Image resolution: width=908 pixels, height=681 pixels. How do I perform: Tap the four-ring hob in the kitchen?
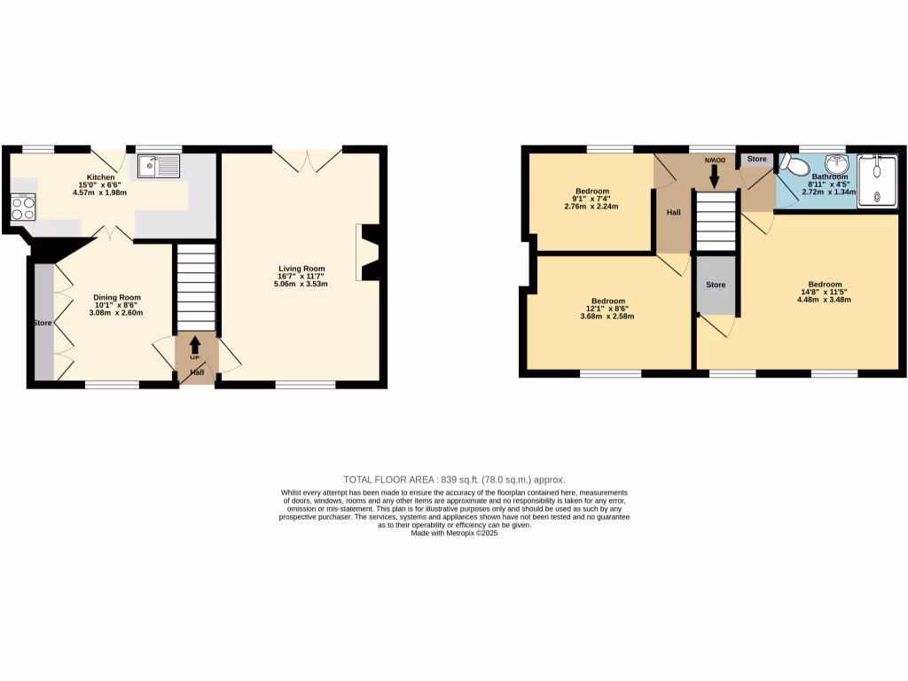click(x=23, y=207)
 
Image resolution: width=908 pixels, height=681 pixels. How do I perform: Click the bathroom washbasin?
click(x=835, y=164)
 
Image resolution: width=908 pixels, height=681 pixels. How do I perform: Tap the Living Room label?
click(x=301, y=269)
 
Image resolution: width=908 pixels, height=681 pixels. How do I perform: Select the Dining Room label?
click(x=118, y=298)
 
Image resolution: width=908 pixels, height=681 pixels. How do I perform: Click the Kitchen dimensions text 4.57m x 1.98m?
click(x=100, y=192)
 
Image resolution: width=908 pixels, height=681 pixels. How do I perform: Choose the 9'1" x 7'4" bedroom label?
click(x=591, y=199)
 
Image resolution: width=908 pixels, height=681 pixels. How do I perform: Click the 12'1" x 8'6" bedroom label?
click(x=607, y=309)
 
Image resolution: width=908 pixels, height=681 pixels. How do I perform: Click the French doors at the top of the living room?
click(x=307, y=160)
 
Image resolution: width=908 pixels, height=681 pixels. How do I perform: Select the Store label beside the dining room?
click(x=43, y=323)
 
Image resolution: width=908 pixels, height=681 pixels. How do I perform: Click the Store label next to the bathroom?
click(x=756, y=159)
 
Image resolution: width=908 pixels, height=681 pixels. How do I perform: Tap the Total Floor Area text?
click(x=453, y=479)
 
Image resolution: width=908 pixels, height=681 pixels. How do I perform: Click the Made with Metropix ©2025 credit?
click(x=454, y=533)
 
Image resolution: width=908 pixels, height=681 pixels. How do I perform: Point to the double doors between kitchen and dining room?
click(x=113, y=233)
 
